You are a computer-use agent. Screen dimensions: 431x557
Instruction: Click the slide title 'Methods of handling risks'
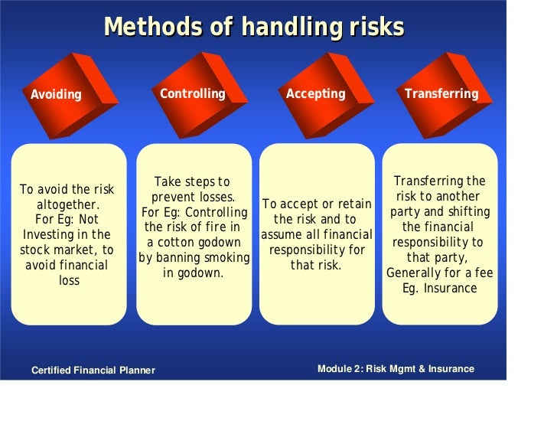coord(253,27)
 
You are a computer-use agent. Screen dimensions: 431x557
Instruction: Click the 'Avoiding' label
coord(56,95)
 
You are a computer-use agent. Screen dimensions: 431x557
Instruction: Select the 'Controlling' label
coord(192,93)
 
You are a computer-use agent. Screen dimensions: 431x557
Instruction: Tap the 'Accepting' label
coord(315,93)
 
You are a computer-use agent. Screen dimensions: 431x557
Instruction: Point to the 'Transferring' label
coord(441,93)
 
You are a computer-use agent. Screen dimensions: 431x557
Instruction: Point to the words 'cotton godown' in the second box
coord(201,243)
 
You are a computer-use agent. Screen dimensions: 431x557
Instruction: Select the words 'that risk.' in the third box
coord(316,265)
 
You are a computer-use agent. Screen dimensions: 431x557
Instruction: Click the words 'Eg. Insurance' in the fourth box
coord(439,289)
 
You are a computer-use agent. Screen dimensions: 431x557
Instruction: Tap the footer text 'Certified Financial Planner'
coord(93,371)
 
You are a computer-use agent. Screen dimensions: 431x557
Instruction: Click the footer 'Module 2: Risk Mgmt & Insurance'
coord(396,369)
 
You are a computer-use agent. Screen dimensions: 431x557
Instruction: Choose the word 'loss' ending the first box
coord(69,281)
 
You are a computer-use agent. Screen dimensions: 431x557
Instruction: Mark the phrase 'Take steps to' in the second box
coord(192,181)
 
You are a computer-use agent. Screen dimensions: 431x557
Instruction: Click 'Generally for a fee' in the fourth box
coord(439,273)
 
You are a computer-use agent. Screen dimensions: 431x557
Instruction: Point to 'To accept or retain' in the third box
coord(316,204)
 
